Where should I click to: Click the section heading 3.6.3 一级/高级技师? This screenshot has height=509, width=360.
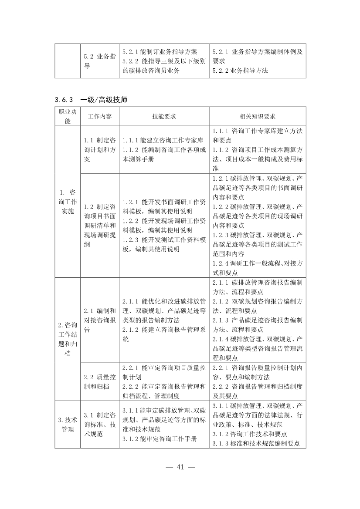(x=91, y=100)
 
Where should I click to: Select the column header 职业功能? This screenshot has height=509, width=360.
(x=68, y=117)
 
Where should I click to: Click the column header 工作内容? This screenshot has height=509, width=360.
(x=100, y=117)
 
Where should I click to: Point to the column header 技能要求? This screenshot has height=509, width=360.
(x=164, y=117)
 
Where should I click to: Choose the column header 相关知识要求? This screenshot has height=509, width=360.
(x=258, y=117)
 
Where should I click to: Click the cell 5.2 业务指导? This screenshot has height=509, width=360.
(x=100, y=61)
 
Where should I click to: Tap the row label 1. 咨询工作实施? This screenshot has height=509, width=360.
(x=68, y=201)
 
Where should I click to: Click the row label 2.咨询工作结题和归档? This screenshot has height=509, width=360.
(x=68, y=340)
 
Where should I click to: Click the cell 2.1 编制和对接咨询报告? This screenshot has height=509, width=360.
(x=100, y=320)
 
